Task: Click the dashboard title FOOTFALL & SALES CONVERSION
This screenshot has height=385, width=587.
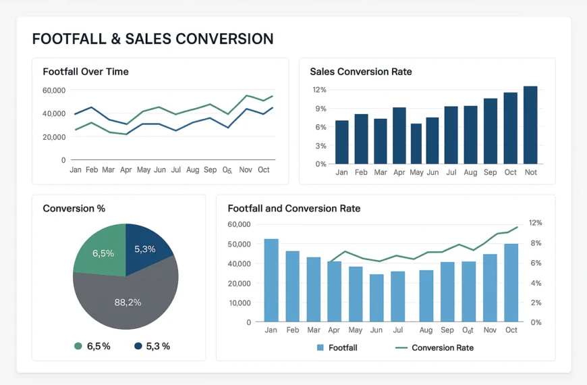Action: pos(152,38)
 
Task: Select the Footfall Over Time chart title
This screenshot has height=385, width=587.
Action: pos(86,72)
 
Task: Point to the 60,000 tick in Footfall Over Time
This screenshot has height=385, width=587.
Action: pos(54,90)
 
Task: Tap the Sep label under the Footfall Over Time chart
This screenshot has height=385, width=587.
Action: pos(210,170)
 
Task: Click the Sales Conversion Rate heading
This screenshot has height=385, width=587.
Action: pos(360,72)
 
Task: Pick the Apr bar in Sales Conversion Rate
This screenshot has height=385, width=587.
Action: pos(399,135)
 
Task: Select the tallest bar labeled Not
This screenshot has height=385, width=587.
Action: pos(530,125)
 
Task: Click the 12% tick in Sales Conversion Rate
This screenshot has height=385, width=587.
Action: pos(319,90)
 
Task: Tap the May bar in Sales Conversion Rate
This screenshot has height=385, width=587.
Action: pos(416,143)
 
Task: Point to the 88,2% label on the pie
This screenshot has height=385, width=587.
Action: pos(128,302)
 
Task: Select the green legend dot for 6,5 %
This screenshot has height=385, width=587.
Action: pos(78,346)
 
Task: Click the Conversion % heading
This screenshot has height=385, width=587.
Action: pos(74,209)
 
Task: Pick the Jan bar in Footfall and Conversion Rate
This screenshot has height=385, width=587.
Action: pos(271,280)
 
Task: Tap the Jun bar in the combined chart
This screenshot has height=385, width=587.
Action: pos(376,298)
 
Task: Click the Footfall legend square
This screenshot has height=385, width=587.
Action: pos(320,348)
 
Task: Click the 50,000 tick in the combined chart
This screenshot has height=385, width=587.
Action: pos(240,244)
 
